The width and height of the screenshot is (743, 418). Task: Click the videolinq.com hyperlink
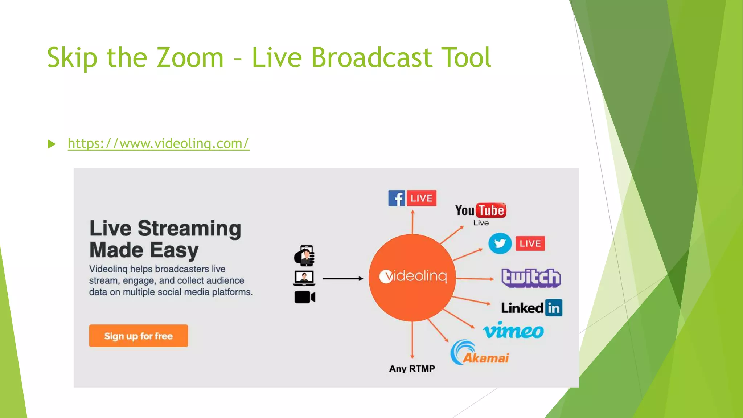point(159,144)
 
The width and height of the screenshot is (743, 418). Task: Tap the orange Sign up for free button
point(139,336)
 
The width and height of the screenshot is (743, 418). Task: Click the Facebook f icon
point(397,198)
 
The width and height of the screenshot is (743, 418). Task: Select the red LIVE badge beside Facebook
point(421,198)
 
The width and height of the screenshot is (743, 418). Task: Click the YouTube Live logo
point(480,213)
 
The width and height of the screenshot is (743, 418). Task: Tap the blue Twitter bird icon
point(500,243)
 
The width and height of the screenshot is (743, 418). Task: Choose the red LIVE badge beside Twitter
point(530,243)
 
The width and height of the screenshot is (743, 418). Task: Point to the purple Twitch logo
point(531,278)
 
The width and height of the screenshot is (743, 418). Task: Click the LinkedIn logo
point(531,308)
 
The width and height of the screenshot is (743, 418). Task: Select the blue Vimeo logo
point(513,330)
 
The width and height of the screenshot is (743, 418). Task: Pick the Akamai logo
point(479,353)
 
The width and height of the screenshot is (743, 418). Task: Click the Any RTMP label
point(412,369)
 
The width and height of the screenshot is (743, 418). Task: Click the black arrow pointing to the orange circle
point(343,278)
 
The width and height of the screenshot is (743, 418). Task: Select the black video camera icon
point(305,297)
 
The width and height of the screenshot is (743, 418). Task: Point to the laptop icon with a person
point(304,278)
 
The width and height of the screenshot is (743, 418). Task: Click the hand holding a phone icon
point(304,255)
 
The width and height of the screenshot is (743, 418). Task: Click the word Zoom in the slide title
point(190,58)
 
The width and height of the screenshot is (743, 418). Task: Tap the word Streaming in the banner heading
point(189,229)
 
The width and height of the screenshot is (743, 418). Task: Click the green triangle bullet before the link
point(52,144)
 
